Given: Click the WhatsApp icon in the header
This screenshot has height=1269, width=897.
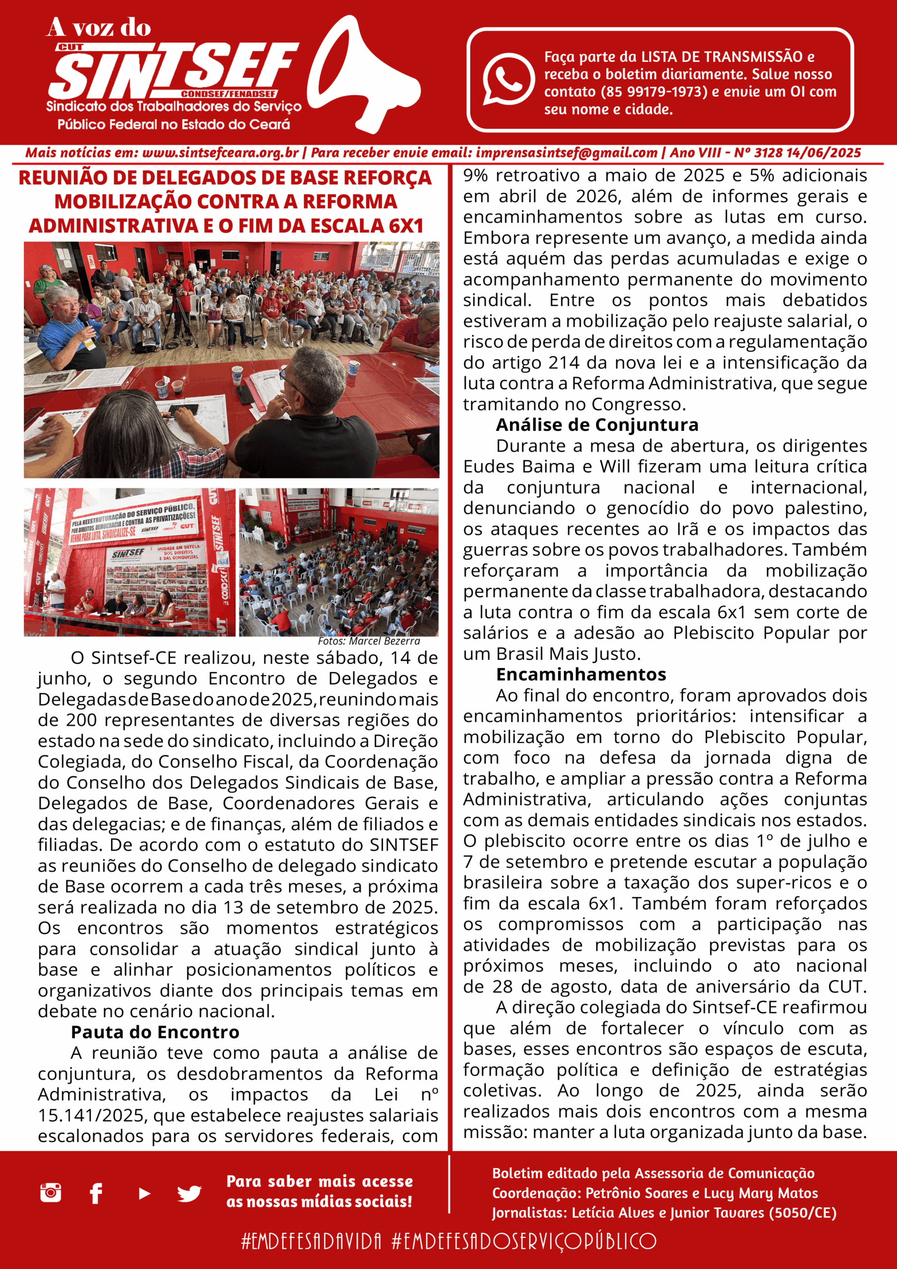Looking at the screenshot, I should [x=508, y=78].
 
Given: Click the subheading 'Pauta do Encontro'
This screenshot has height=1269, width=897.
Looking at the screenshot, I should [x=155, y=1032].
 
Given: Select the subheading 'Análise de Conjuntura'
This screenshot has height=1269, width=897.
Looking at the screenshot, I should [x=597, y=424].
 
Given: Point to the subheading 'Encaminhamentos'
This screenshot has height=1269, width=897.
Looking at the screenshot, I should [x=581, y=674].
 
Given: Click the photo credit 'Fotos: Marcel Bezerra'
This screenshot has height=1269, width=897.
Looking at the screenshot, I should [x=369, y=641].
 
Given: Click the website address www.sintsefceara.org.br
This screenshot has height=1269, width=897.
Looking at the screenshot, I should [x=220, y=153].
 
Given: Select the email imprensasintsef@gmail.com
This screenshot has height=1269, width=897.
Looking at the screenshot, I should [x=566, y=153].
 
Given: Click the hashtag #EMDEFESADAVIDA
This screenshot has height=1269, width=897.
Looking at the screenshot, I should [x=312, y=1241].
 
